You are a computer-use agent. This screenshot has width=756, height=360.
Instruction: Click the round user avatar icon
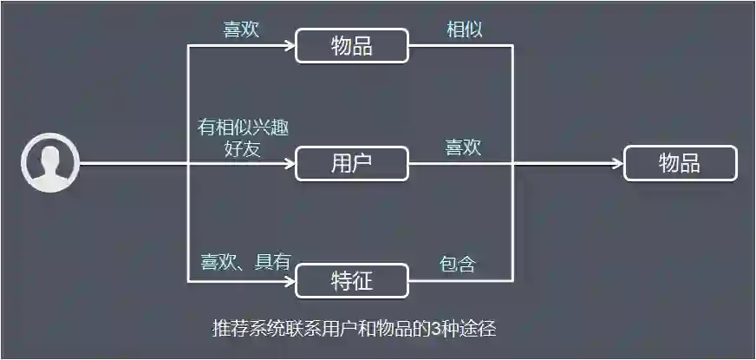(x=50, y=162)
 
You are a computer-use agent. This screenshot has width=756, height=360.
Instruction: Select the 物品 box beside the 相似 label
(x=351, y=46)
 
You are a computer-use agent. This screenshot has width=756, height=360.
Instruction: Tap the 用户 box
(x=351, y=163)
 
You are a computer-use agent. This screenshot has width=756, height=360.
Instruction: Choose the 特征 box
(x=351, y=280)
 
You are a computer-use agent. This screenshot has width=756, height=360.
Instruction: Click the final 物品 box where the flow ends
(x=681, y=163)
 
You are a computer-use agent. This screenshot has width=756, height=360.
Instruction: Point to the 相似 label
(x=464, y=29)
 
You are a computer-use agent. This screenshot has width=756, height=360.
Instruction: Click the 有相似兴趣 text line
(x=243, y=128)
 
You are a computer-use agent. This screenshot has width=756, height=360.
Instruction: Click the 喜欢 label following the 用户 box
(x=464, y=147)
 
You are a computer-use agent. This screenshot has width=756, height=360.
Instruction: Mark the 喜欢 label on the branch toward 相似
(x=242, y=29)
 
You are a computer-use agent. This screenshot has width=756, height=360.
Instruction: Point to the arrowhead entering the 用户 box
(x=290, y=163)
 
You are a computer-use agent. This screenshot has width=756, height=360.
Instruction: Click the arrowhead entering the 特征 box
(x=290, y=280)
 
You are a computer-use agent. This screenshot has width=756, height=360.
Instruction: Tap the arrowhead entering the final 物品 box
(x=618, y=163)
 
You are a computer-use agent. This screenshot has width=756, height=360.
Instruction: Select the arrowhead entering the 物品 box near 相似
(x=290, y=46)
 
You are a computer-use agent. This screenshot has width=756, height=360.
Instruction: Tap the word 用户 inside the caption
(x=337, y=329)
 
